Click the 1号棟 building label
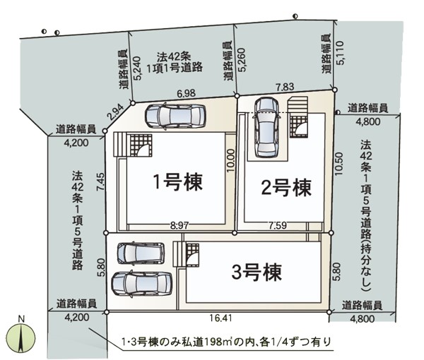pos(177,182)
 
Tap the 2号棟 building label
pos(285,188)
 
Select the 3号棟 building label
pos(257,272)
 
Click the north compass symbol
pos(21,336)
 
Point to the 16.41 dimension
pos(220,318)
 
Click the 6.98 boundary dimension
pos(186,93)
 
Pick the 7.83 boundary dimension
pos(285,87)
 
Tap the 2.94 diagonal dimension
pos(115,112)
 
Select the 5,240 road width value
pos(137,68)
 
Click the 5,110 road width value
pos(340,53)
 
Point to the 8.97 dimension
pos(179,225)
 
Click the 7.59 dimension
pos(278,225)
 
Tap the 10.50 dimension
pos(338,164)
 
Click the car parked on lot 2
pos(267,128)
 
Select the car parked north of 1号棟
pos(175,116)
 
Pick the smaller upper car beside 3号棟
pos(141,253)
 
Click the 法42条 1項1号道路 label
pos(175,62)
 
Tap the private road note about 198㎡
pos(226,342)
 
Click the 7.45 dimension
pos(100,182)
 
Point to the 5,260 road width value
pos(242,60)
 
